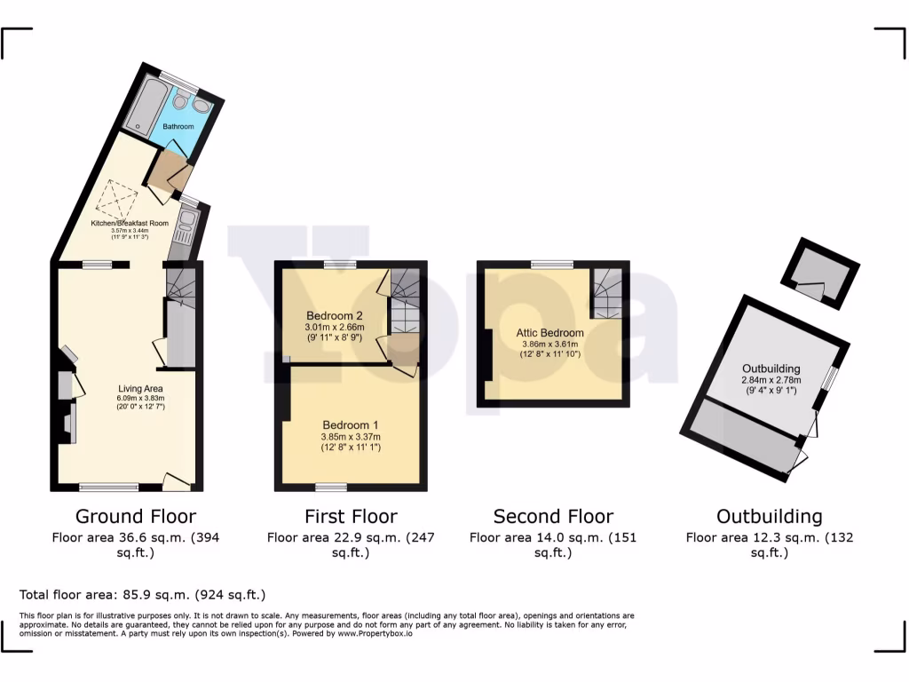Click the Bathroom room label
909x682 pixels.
click(178, 127)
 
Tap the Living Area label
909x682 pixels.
click(141, 388)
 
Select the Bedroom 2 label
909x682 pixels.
click(335, 316)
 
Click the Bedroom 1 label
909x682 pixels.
click(351, 424)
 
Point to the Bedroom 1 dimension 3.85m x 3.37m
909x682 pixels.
click(351, 437)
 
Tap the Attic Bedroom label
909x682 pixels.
click(550, 334)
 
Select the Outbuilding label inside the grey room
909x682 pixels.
click(771, 369)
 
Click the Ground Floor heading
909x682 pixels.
click(135, 516)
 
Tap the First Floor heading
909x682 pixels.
click(351, 516)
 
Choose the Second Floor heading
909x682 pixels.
click(553, 516)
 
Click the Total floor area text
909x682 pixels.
click(142, 595)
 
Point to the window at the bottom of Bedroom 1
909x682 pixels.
click(331, 487)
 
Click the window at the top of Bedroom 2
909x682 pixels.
click(339, 264)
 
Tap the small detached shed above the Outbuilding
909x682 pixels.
click(819, 273)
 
